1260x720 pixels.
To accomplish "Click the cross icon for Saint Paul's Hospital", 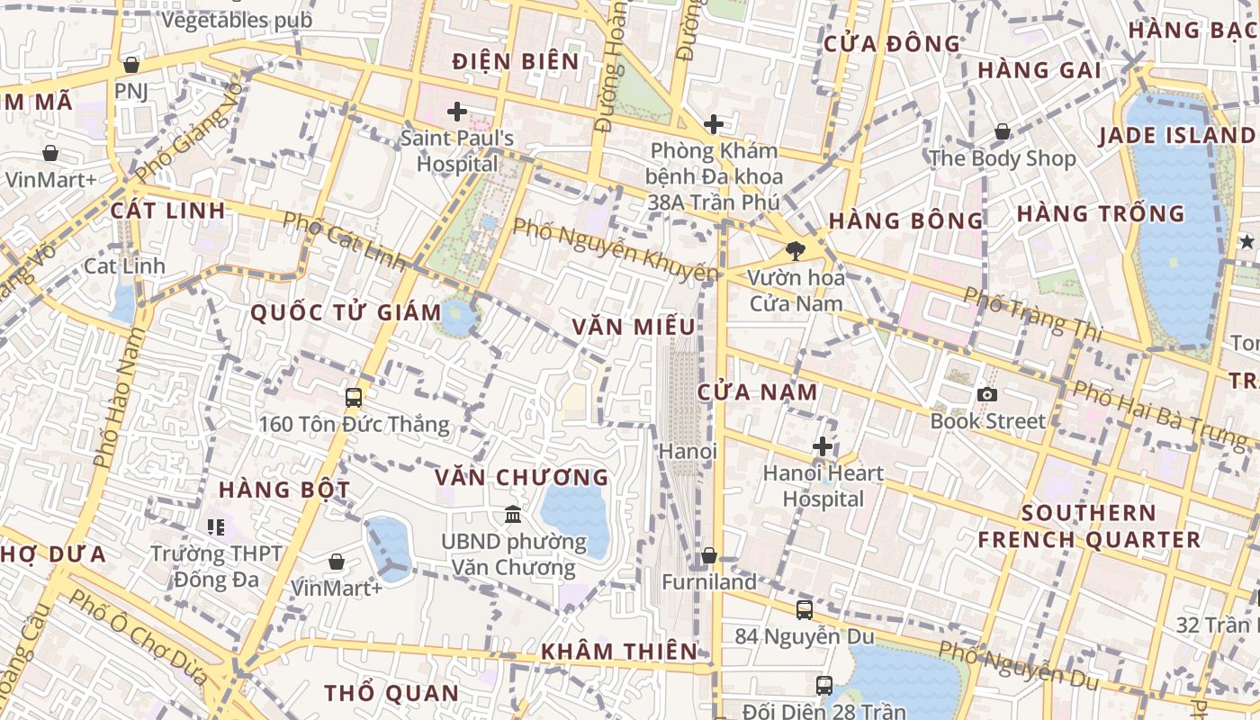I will click(457, 112).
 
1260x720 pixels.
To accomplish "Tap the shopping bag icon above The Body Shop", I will click(1002, 132).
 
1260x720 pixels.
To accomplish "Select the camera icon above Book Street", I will click(987, 394).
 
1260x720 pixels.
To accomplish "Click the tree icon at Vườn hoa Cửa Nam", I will click(795, 251).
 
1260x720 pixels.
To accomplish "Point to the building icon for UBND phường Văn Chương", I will click(513, 515).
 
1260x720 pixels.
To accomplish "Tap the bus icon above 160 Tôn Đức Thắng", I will click(354, 397).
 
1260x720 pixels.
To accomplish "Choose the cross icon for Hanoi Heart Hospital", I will click(822, 446).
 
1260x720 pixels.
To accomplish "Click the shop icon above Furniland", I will click(709, 556).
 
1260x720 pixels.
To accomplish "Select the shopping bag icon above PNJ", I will click(131, 65).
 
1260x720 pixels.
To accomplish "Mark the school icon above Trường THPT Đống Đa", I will click(215, 526).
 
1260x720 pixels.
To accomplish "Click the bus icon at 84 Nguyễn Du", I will click(805, 609).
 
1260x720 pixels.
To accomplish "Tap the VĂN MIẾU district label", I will click(634, 327).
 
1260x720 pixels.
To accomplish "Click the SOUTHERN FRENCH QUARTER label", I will click(1089, 526).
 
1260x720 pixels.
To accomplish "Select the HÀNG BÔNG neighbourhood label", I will click(906, 220).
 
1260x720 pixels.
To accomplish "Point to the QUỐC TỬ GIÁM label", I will click(346, 313).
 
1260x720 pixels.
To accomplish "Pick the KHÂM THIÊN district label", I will click(619, 651).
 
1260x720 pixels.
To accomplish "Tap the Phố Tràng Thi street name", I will click(1032, 313).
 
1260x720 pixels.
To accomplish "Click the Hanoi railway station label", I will click(688, 451).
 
